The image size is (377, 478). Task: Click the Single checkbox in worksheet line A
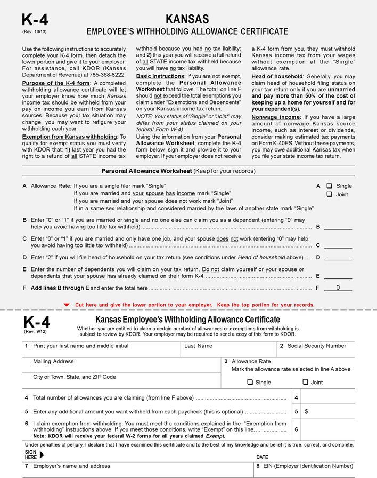click(329, 186)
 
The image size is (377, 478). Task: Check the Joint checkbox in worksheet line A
click(329, 194)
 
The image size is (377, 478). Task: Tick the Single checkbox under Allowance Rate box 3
click(250, 383)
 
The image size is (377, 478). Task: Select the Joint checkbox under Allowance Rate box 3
click(306, 383)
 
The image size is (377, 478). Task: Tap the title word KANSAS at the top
click(187, 19)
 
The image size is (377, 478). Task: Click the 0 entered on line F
click(338, 288)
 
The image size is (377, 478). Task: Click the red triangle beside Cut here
click(66, 305)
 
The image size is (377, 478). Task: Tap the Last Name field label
click(198, 346)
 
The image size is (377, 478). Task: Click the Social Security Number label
click(316, 346)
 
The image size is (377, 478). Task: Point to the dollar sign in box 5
click(306, 412)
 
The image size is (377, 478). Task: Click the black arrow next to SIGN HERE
click(42, 455)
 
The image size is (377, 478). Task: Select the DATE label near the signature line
click(262, 457)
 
